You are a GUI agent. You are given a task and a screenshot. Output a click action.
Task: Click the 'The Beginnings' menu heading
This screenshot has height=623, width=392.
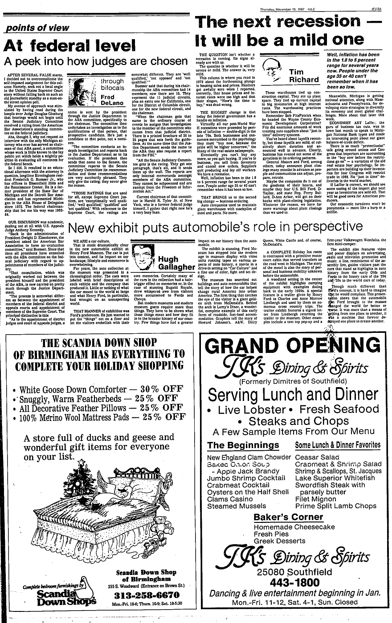[x=243, y=445]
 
